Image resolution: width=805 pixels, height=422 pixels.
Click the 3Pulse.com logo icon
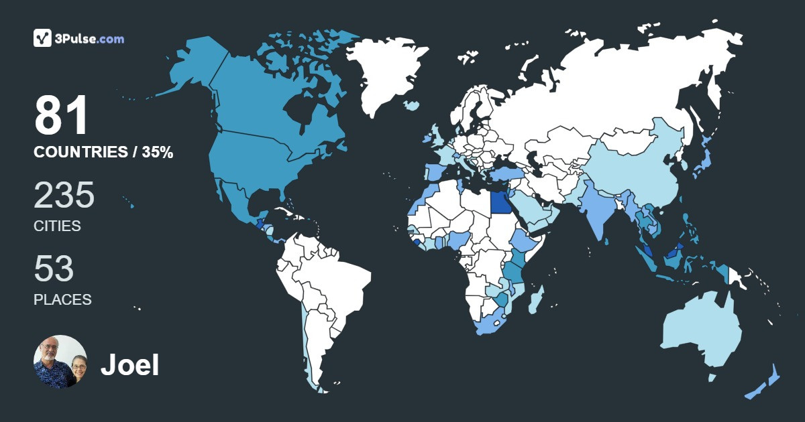coord(43,38)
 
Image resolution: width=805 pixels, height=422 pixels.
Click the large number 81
coord(62,116)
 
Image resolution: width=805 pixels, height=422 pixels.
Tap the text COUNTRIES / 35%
coord(103,153)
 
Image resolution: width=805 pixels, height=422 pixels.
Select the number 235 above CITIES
coord(64,196)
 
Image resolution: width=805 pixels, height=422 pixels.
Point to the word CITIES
coord(57,226)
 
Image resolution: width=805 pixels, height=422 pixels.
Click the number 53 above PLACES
coord(54,269)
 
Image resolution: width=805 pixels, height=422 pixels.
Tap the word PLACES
coord(62,300)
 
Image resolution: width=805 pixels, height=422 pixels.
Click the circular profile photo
coord(60,362)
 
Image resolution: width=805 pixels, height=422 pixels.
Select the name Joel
coord(129,365)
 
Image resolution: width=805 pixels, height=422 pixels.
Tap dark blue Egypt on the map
coord(500,202)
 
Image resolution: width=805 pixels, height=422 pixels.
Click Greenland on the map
coord(389,74)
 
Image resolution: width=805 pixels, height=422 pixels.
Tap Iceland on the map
coord(411,105)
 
